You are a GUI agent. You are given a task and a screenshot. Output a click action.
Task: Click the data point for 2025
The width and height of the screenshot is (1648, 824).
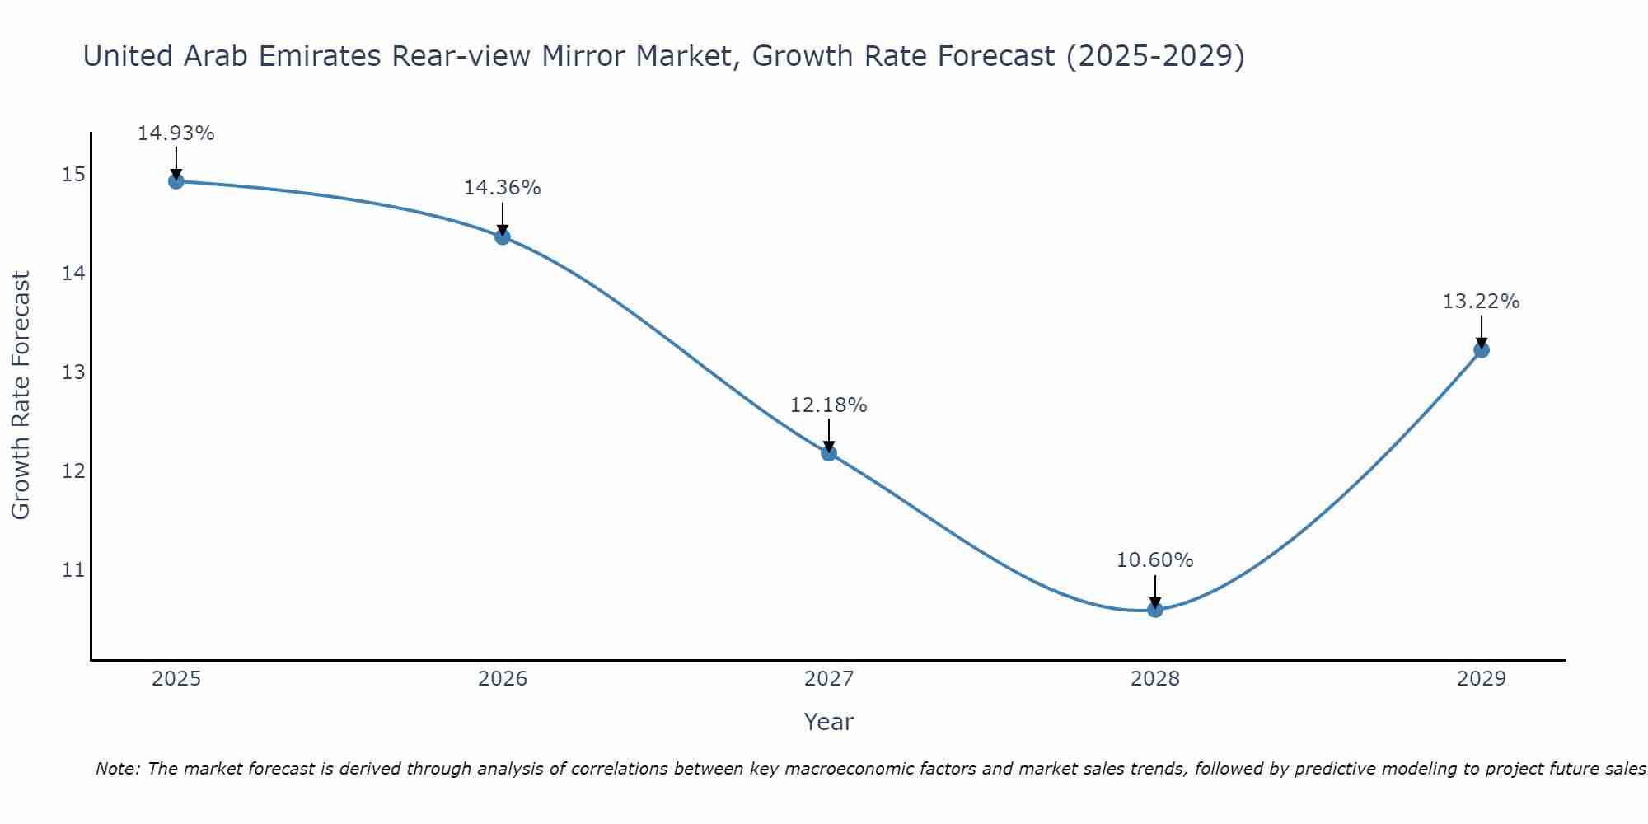(176, 180)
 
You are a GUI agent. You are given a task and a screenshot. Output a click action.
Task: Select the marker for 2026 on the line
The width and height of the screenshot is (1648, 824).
(503, 236)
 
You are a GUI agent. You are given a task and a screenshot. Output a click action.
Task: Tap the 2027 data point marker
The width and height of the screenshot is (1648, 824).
(829, 452)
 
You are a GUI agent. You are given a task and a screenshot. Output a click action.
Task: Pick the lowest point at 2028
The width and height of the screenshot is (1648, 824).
(1155, 609)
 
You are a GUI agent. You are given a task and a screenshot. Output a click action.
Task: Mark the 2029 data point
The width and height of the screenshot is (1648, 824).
(1481, 349)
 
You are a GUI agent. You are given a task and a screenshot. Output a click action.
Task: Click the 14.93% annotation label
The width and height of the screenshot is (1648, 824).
(176, 133)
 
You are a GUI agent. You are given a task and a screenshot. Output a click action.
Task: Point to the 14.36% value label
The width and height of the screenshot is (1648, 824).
(502, 188)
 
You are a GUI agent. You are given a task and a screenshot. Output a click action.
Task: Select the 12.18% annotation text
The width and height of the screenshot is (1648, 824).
(828, 405)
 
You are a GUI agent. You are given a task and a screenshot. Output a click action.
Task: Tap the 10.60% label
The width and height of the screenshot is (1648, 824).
(1154, 560)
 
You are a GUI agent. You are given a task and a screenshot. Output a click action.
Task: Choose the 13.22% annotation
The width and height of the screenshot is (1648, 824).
(1481, 302)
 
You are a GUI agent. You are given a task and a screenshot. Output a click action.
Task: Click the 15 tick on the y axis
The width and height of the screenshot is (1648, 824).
(73, 174)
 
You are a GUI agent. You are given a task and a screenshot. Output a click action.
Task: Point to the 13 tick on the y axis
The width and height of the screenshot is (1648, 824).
(73, 372)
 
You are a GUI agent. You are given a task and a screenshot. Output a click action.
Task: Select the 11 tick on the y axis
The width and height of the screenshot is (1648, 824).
(73, 570)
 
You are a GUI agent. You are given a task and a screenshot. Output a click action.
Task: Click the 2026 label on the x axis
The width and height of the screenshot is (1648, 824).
(503, 679)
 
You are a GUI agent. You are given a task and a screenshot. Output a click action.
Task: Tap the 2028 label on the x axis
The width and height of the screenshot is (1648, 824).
(1155, 679)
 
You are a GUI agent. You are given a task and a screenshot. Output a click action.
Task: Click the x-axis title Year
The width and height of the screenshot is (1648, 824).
(828, 722)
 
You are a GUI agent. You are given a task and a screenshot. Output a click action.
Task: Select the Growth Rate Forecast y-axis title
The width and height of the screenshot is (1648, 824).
(21, 396)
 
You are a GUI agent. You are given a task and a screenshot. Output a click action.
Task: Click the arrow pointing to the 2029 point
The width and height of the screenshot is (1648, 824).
(1481, 331)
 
